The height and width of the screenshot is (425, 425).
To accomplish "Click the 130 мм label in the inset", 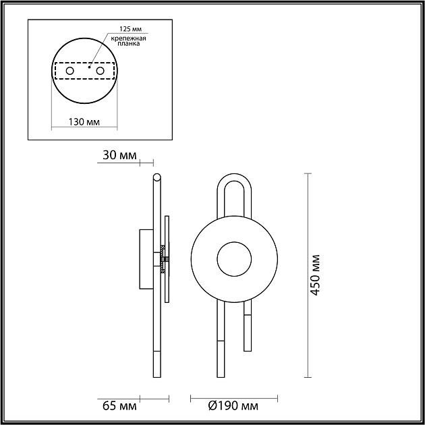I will pyautogui.click(x=84, y=121).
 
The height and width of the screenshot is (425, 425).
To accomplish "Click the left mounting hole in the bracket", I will pyautogui.click(x=69, y=70).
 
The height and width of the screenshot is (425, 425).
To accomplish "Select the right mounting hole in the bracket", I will pyautogui.click(x=100, y=70).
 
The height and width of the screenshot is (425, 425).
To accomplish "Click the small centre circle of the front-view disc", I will pyautogui.click(x=233, y=257).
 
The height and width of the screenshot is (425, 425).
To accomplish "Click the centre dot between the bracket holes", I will pyautogui.click(x=88, y=67).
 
